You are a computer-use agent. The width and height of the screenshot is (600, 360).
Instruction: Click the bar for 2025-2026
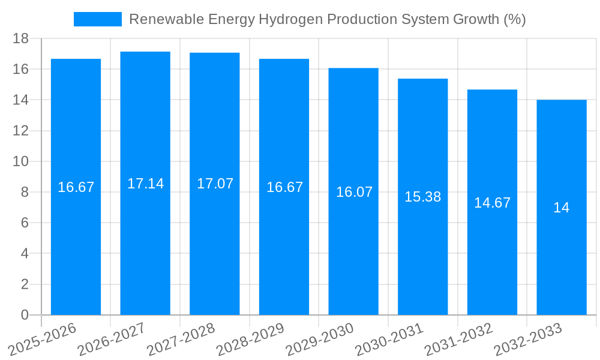[76, 240]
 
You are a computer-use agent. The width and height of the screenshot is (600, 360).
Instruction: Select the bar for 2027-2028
[215, 240]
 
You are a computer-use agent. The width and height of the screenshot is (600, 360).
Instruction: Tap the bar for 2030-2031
[423, 252]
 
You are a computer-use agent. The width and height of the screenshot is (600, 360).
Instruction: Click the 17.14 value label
[145, 184]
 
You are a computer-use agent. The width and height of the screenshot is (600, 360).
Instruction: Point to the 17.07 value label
[215, 184]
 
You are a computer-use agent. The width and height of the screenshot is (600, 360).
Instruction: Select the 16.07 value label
[354, 192]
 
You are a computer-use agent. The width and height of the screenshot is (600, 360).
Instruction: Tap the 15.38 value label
[423, 197]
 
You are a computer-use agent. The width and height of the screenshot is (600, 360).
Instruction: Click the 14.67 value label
[492, 203]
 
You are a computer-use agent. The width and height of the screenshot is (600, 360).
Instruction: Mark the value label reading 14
[562, 208]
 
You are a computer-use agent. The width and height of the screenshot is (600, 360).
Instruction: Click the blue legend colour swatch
[97, 19]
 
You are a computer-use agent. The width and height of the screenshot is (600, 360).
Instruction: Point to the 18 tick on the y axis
[21, 38]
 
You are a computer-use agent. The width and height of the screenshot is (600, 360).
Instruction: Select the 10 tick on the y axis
[21, 161]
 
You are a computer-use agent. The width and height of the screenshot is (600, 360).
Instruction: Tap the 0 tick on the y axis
[25, 315]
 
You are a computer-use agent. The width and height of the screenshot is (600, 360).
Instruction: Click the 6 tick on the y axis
[25, 223]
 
